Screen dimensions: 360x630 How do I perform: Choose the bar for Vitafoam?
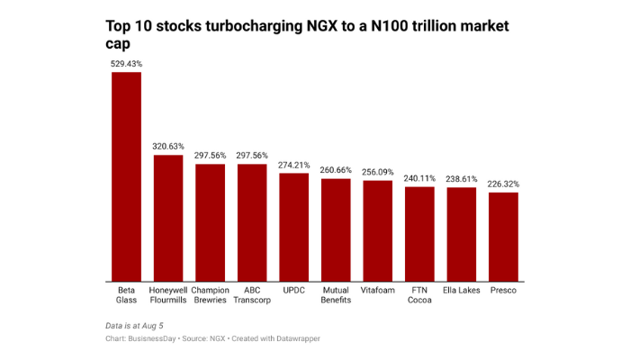377,230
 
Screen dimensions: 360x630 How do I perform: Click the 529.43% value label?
126,64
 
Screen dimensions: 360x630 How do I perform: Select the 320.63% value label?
168,147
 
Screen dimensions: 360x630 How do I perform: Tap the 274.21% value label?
293,165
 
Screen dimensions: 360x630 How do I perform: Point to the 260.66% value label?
336,170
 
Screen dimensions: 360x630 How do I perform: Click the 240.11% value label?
419,178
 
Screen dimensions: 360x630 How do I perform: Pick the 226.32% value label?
503,184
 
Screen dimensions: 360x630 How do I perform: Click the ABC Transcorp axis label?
252,295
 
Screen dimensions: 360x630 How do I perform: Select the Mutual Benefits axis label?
336,295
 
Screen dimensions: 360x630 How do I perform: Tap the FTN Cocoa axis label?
419,295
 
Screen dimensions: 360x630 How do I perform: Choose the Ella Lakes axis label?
461,290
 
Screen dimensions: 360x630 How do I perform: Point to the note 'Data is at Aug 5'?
136,323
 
